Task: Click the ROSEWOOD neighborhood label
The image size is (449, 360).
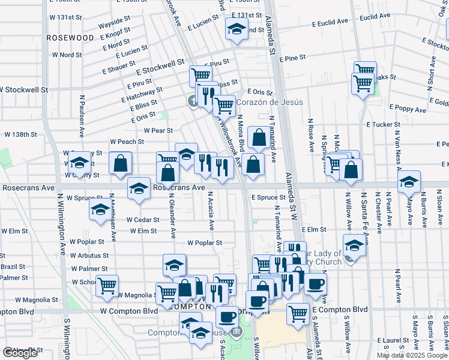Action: [71, 38]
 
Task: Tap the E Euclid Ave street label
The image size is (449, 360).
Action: [330, 22]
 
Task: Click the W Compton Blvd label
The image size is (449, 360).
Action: [127, 311]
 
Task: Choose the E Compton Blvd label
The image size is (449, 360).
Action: [340, 309]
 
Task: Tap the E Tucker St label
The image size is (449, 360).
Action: [383, 125]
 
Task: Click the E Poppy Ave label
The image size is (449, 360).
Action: [407, 107]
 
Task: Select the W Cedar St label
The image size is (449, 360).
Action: [142, 220]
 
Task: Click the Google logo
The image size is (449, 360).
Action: [20, 353]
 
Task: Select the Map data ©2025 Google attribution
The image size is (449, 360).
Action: [412, 355]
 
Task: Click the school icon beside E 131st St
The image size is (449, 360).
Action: [237, 28]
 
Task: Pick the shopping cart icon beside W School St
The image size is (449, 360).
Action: [107, 286]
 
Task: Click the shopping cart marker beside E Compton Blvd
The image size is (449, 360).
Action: [298, 313]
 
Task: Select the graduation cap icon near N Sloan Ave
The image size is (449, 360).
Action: [409, 181]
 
